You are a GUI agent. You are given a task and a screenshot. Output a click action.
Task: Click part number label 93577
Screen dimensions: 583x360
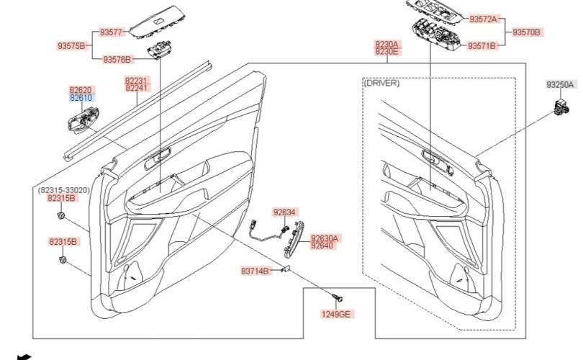111,32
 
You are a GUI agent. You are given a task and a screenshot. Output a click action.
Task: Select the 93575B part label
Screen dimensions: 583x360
71,46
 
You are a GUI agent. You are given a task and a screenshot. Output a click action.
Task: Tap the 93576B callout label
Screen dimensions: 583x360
117,60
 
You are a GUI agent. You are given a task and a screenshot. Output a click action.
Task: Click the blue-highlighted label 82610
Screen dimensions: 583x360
81,98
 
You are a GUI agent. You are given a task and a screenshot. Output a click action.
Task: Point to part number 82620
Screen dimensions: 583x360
81,90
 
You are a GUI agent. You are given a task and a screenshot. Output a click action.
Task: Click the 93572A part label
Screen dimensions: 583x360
483,19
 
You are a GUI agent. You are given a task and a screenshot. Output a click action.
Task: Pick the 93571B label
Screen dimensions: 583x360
482,46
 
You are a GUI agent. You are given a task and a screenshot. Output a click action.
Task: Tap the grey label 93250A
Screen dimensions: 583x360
560,85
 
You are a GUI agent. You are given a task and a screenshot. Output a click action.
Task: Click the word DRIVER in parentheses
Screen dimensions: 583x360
381,83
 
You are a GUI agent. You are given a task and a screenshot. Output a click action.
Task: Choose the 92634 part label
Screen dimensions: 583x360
284,212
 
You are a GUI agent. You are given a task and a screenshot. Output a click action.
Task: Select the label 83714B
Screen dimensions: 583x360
255,271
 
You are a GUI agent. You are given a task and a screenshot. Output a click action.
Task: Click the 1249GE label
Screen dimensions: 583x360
335,314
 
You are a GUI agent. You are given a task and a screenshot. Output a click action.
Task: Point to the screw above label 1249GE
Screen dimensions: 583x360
338,298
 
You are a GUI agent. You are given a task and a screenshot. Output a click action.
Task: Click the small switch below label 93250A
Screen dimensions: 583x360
561,107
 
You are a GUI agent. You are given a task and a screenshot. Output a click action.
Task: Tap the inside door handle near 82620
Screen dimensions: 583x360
83,120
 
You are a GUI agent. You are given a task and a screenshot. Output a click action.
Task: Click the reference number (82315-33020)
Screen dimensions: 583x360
64,190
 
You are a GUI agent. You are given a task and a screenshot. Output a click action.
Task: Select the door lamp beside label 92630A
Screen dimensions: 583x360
294,240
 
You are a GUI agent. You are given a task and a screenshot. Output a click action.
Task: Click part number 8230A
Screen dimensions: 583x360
387,44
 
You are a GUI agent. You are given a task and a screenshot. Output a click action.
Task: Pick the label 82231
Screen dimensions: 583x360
137,81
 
